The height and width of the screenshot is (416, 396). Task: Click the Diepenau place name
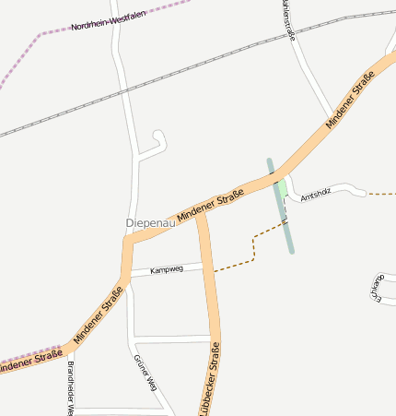click(149, 223)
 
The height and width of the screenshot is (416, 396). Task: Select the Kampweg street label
click(167, 269)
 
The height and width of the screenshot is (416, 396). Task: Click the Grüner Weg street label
click(146, 373)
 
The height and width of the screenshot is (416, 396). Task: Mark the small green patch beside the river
click(282, 187)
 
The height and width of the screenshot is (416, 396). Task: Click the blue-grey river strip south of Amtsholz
click(287, 231)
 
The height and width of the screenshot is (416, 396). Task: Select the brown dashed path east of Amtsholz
click(381, 195)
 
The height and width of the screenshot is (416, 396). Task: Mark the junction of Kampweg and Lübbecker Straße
click(207, 266)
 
